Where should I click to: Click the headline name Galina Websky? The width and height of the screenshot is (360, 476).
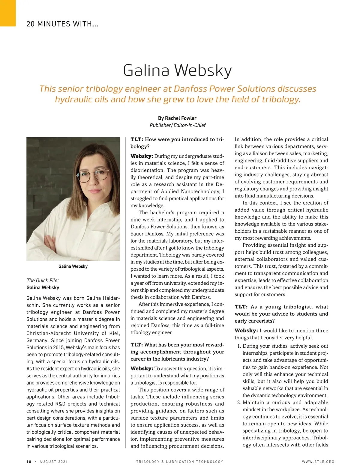point(177,70)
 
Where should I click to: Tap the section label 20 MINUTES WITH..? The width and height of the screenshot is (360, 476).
point(62,24)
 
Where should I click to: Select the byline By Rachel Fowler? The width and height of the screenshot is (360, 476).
point(177,118)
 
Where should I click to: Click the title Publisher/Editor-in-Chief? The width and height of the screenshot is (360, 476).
point(177,125)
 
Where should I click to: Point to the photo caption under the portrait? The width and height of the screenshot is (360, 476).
point(73,266)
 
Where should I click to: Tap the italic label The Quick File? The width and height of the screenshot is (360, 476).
point(43,280)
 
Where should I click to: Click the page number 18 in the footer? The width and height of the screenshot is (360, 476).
point(29,462)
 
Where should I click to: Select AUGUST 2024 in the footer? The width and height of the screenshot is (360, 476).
point(54,462)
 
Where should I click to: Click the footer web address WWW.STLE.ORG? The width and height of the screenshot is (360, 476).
point(318,462)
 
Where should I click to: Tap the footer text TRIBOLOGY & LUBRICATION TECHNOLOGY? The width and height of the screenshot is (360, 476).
point(180,462)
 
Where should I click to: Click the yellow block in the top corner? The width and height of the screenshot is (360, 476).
point(8,13)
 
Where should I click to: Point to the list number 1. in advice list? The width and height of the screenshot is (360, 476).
point(239,346)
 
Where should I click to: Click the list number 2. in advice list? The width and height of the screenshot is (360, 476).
point(239,403)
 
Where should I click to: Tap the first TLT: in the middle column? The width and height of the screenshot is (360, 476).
point(137,139)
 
